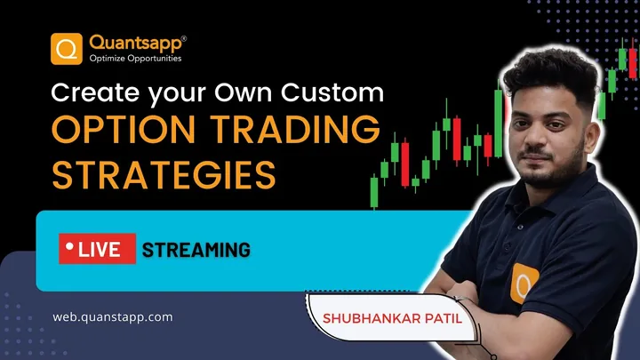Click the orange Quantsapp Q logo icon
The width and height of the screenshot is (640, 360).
click(67, 49)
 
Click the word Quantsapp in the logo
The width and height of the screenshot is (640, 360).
click(135, 43)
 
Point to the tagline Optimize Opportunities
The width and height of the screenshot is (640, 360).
click(135, 59)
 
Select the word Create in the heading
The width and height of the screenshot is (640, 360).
click(95, 92)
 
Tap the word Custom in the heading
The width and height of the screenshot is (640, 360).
click(332, 92)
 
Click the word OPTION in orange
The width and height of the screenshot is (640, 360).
click(124, 129)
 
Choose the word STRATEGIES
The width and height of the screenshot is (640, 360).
click(164, 175)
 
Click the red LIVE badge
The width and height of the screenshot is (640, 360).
click(97, 249)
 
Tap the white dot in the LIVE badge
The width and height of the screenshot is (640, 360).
click(69, 246)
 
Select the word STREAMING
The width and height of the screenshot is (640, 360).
click(196, 250)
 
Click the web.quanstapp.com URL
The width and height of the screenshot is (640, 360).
click(113, 317)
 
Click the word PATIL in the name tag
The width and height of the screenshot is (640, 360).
click(444, 318)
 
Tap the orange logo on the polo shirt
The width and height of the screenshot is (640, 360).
click(524, 283)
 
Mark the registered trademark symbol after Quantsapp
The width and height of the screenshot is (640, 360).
click(184, 39)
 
